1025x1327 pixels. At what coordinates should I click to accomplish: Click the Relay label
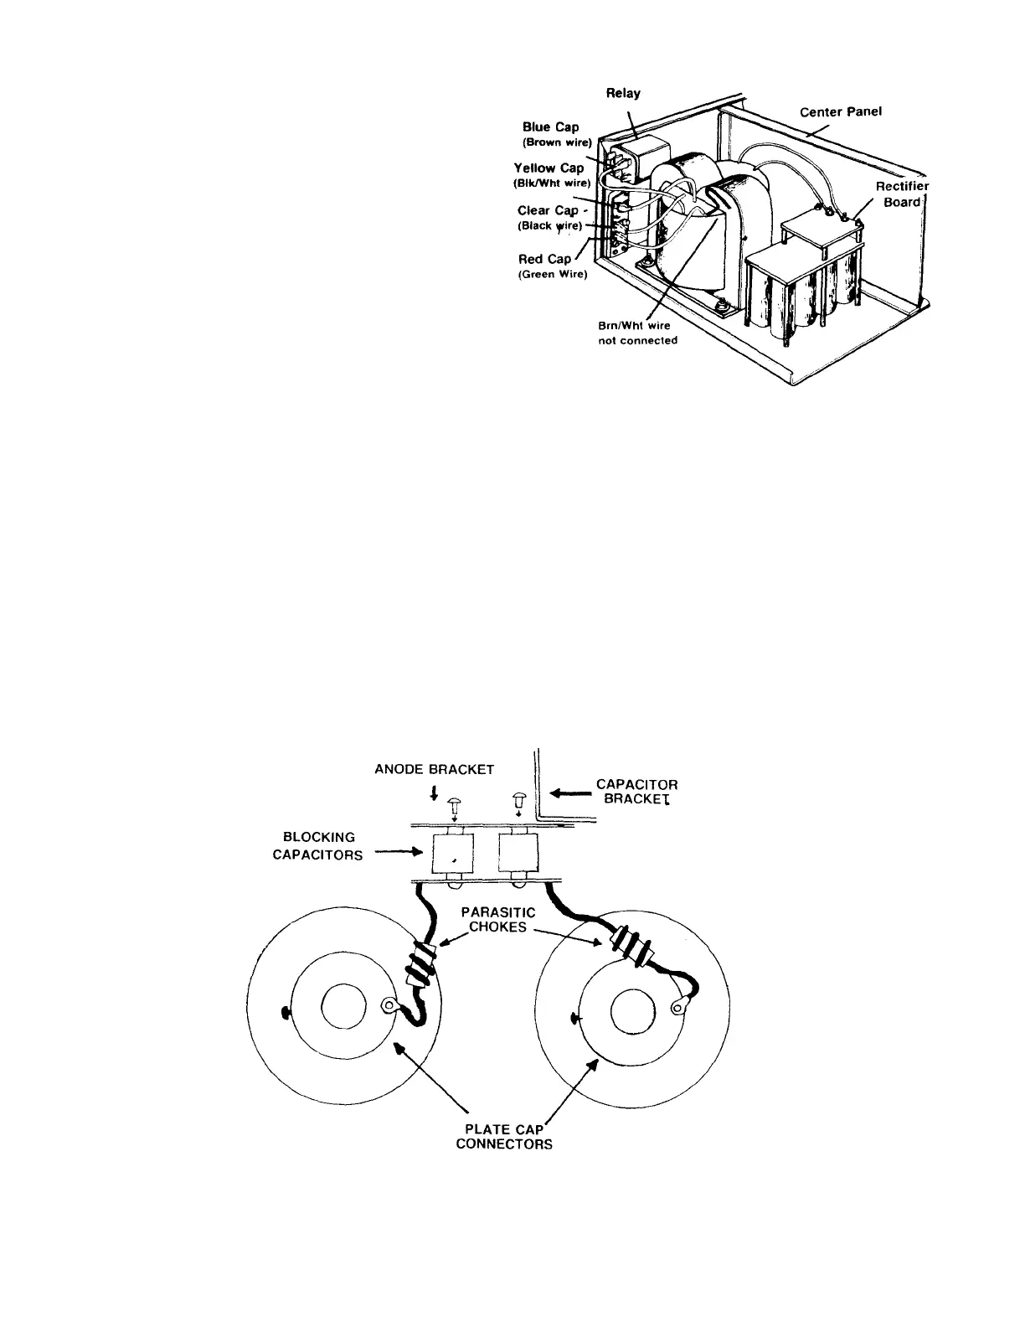coord(623,94)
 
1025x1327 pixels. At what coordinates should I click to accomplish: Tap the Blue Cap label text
coord(550,127)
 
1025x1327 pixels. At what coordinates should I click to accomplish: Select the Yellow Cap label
coord(549,168)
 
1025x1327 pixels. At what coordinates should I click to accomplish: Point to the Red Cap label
coord(545,260)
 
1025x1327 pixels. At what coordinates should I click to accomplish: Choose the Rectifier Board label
coord(902,194)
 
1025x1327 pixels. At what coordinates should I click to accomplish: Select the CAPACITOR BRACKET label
coord(636,792)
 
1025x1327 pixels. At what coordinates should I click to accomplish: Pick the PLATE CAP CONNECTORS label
coord(504,1136)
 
